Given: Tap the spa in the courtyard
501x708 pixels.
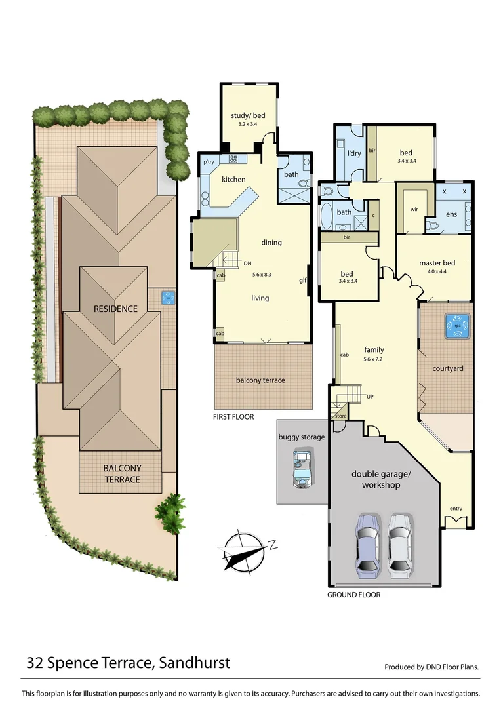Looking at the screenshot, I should [x=457, y=325].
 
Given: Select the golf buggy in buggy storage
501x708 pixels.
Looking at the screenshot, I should [x=302, y=468].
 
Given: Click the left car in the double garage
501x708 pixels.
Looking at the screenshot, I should [x=367, y=544].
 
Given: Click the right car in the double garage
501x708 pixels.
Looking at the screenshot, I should [x=401, y=544].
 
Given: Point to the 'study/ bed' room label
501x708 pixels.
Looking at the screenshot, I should [x=247, y=116].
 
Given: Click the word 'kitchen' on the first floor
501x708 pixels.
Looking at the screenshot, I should [x=233, y=179].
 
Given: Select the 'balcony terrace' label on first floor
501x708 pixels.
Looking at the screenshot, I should [x=260, y=380].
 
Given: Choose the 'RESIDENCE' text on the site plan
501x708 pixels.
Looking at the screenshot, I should [x=115, y=309].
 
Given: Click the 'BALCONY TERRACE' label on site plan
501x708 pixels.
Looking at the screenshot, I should [x=121, y=474].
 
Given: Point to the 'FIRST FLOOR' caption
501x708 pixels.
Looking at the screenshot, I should [x=233, y=417].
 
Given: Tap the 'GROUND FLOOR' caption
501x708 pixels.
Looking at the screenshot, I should [x=353, y=595].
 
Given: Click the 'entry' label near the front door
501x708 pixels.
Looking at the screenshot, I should [x=456, y=509].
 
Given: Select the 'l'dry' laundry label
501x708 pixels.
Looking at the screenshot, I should [x=353, y=153].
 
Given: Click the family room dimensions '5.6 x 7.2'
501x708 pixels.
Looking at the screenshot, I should [x=374, y=359].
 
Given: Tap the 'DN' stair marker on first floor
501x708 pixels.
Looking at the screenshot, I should [x=247, y=264].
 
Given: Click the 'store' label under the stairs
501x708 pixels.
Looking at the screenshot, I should [x=340, y=416].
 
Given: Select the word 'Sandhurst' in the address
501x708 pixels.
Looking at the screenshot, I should [x=195, y=663].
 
